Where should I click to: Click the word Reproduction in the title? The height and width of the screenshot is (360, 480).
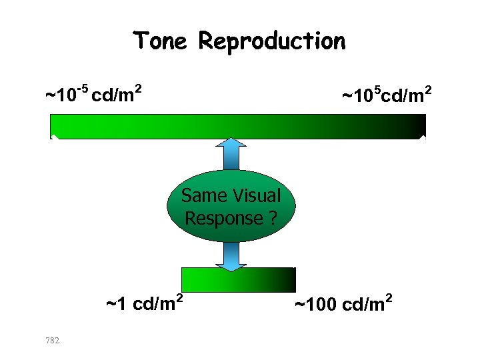[x=272, y=42]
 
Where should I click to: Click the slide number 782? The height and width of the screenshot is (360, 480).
[x=52, y=341]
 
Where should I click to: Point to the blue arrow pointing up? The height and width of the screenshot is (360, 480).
[x=231, y=152]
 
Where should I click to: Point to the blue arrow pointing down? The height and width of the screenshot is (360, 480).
[x=231, y=257]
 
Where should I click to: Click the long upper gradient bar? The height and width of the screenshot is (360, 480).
[x=238, y=125]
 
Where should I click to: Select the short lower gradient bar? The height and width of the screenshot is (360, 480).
[x=238, y=279]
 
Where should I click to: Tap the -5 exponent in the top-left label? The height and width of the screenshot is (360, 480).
[x=83, y=87]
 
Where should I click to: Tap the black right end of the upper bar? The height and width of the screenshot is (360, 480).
[x=417, y=125]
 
